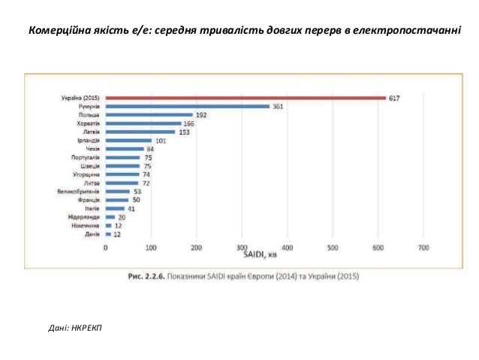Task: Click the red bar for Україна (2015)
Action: pyautogui.click(x=246, y=98)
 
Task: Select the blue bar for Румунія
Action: pyautogui.click(x=188, y=107)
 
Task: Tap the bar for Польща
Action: pyautogui.click(x=149, y=115)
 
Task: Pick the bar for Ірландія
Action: pyautogui.click(x=128, y=141)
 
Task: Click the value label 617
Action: pyautogui.click(x=393, y=98)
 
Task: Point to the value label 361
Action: pyautogui.click(x=278, y=107)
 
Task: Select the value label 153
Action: pyautogui.click(x=184, y=132)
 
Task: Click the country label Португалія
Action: pyautogui.click(x=85, y=158)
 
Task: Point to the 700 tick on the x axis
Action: pyautogui.click(x=423, y=247)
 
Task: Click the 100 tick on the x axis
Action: pyautogui.click(x=151, y=247)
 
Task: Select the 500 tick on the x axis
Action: pyautogui.click(x=333, y=247)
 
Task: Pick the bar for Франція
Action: pyautogui.click(x=116, y=201)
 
